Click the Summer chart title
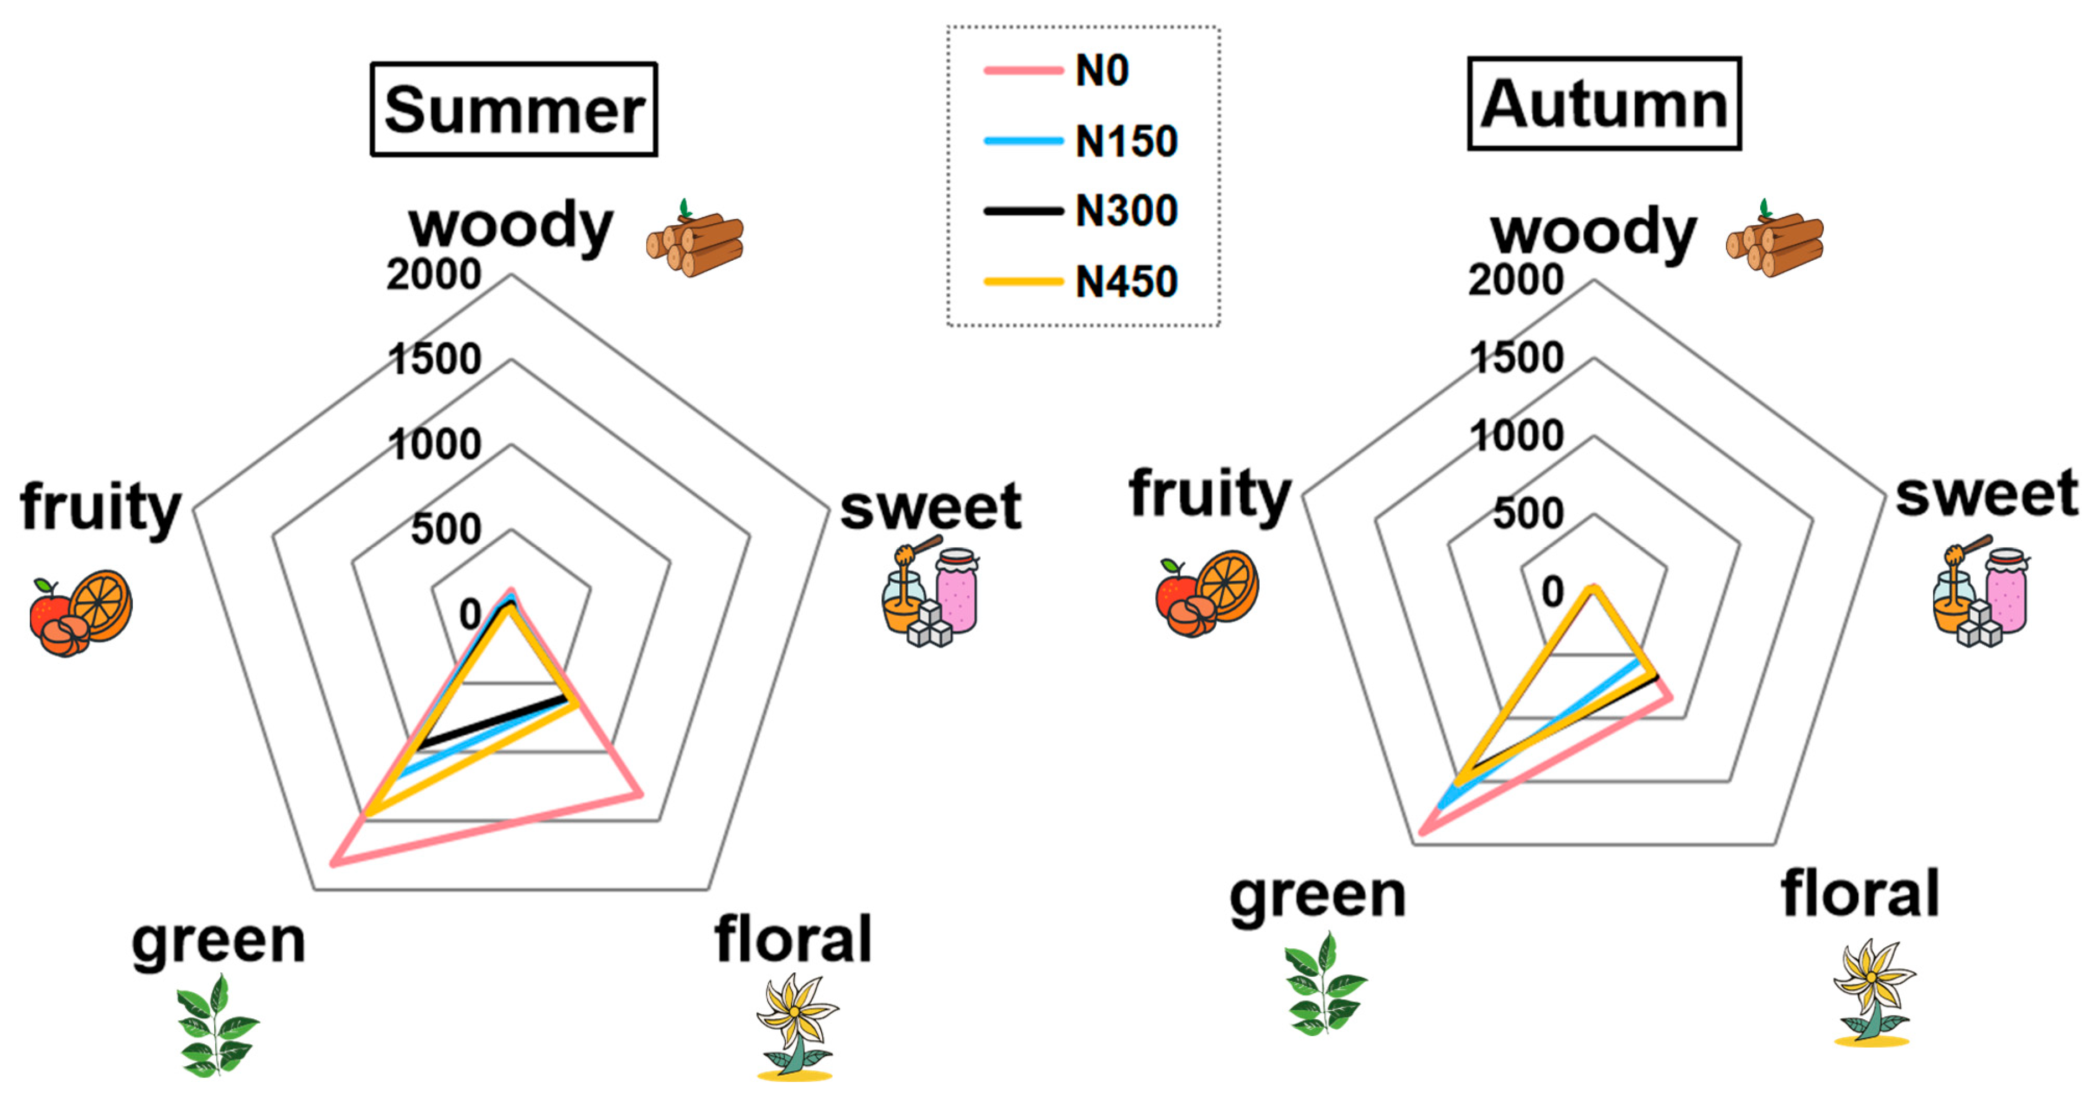[x=514, y=109]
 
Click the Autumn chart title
[x=1604, y=104]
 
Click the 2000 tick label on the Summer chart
[x=433, y=275]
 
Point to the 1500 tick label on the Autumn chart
[x=1516, y=358]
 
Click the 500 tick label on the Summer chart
[x=445, y=529]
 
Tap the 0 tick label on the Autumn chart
[x=1552, y=592]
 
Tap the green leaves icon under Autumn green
[x=1324, y=984]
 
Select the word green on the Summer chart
[x=219, y=943]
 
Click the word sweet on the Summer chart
[x=931, y=508]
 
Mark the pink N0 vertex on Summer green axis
[x=333, y=864]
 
